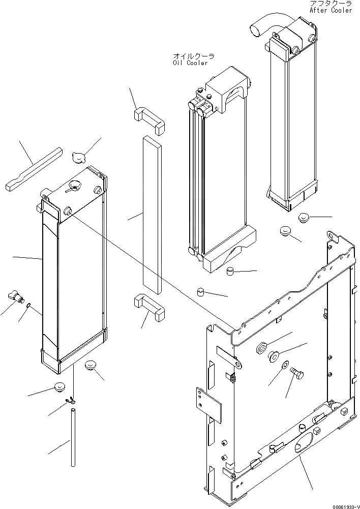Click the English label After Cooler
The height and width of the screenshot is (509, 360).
pos(330,10)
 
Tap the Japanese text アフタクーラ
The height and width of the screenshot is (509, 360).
pos(330,4)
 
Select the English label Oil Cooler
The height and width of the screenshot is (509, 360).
pos(190,63)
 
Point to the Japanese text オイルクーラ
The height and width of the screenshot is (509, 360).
pos(193,56)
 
